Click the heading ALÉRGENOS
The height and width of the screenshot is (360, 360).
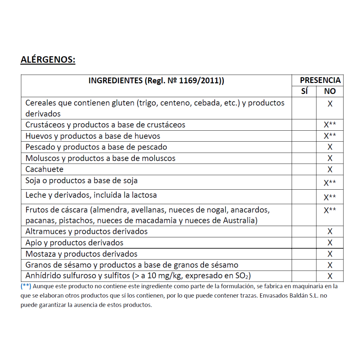coord(48,60)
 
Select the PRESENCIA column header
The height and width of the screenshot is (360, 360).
coord(320,80)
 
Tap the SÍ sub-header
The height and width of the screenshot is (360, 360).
coord(304,91)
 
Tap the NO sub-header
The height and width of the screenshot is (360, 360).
coord(330,91)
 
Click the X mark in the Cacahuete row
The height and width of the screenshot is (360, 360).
coord(330,169)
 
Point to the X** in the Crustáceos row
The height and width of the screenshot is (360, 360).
coord(330,125)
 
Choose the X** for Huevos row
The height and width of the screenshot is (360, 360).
coord(330,136)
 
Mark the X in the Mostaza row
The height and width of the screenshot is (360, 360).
coord(330,254)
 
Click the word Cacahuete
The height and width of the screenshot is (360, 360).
coord(44,169)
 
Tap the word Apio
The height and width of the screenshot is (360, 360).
coord(33,243)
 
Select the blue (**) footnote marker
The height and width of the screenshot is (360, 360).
coord(26,286)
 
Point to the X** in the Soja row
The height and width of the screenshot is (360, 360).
coord(330,183)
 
